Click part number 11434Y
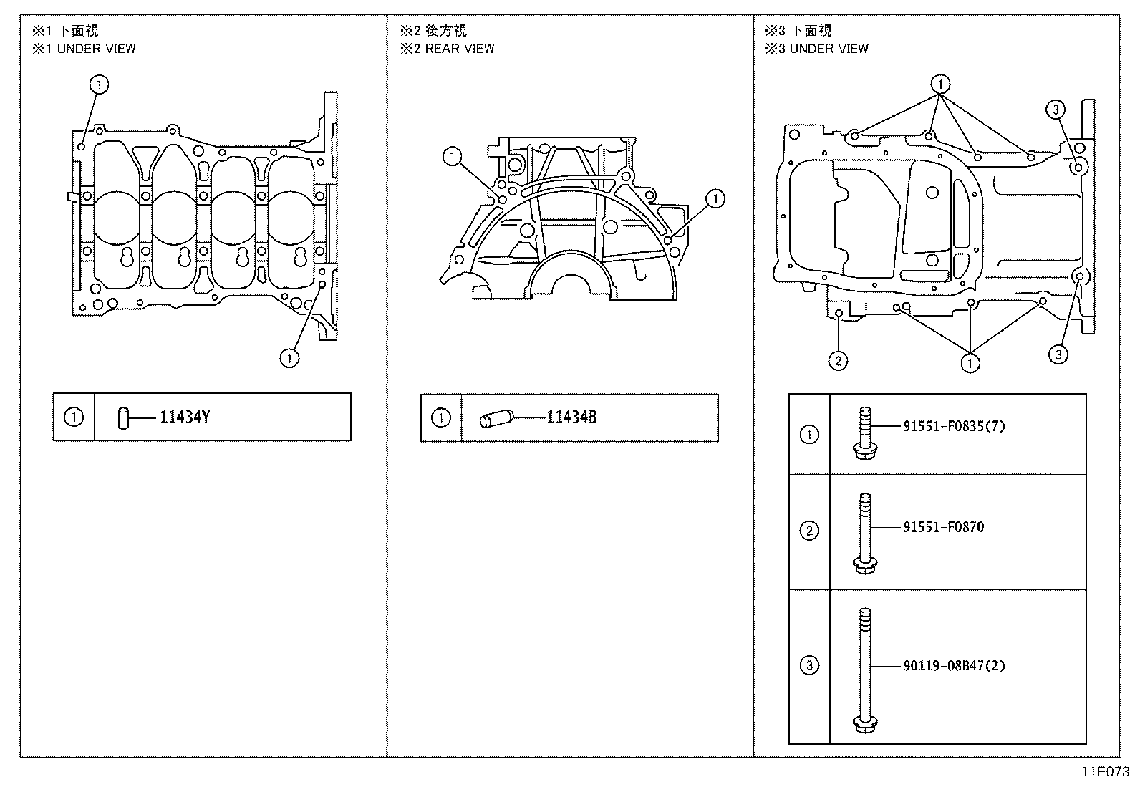pyautogui.click(x=184, y=417)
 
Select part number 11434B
pyautogui.click(x=571, y=417)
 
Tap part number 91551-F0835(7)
pyautogui.click(x=953, y=427)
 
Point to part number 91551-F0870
pyautogui.click(x=943, y=528)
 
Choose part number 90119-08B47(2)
pyautogui.click(x=953, y=666)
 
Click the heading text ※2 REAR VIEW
pyautogui.click(x=448, y=49)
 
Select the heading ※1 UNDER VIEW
pyautogui.click(x=84, y=49)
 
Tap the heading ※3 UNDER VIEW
pyautogui.click(x=816, y=49)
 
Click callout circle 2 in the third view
pyautogui.click(x=838, y=360)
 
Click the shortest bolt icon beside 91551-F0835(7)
pyautogui.click(x=865, y=433)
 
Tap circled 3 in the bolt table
pyautogui.click(x=809, y=666)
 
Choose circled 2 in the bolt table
pyautogui.click(x=809, y=531)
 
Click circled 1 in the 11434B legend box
pyautogui.click(x=441, y=417)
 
